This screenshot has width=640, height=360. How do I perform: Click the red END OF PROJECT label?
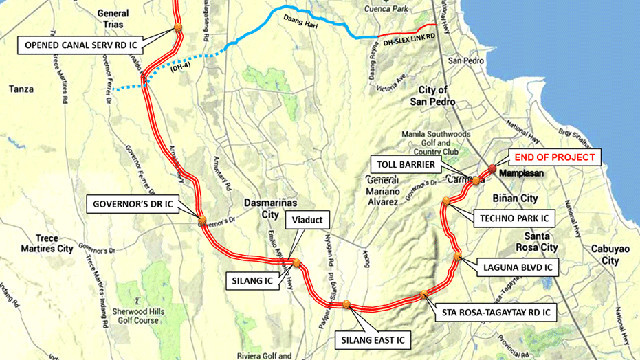tap(554, 158)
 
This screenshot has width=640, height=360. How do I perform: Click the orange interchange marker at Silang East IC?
tap(343, 303)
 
